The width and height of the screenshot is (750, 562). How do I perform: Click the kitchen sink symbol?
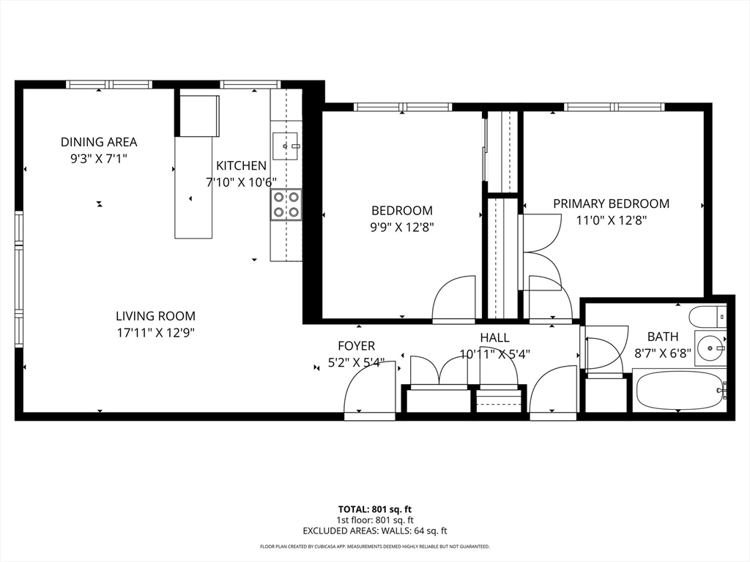(x=285, y=146)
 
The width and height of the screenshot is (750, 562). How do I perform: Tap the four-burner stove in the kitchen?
(x=286, y=204)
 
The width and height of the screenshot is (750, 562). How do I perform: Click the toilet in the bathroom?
(x=707, y=316)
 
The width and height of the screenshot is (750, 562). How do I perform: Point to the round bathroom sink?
(x=710, y=348)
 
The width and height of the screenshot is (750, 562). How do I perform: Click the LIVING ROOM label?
(x=155, y=316)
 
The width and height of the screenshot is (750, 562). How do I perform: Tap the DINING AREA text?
(x=99, y=142)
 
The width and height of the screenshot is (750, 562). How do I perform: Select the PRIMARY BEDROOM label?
(x=611, y=203)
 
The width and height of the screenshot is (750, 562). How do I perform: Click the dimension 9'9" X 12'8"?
(x=401, y=227)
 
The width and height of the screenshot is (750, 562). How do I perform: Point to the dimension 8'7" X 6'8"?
(x=663, y=352)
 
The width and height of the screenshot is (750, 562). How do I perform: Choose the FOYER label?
(x=356, y=345)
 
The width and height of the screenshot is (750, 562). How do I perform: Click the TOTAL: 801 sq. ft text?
(x=375, y=509)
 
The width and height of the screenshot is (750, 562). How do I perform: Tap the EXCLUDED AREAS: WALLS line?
(x=375, y=531)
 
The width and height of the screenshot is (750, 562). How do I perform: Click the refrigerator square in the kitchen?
(x=199, y=115)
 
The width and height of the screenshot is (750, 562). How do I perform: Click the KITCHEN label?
(x=240, y=166)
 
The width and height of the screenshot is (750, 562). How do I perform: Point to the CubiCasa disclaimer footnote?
(x=375, y=547)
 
